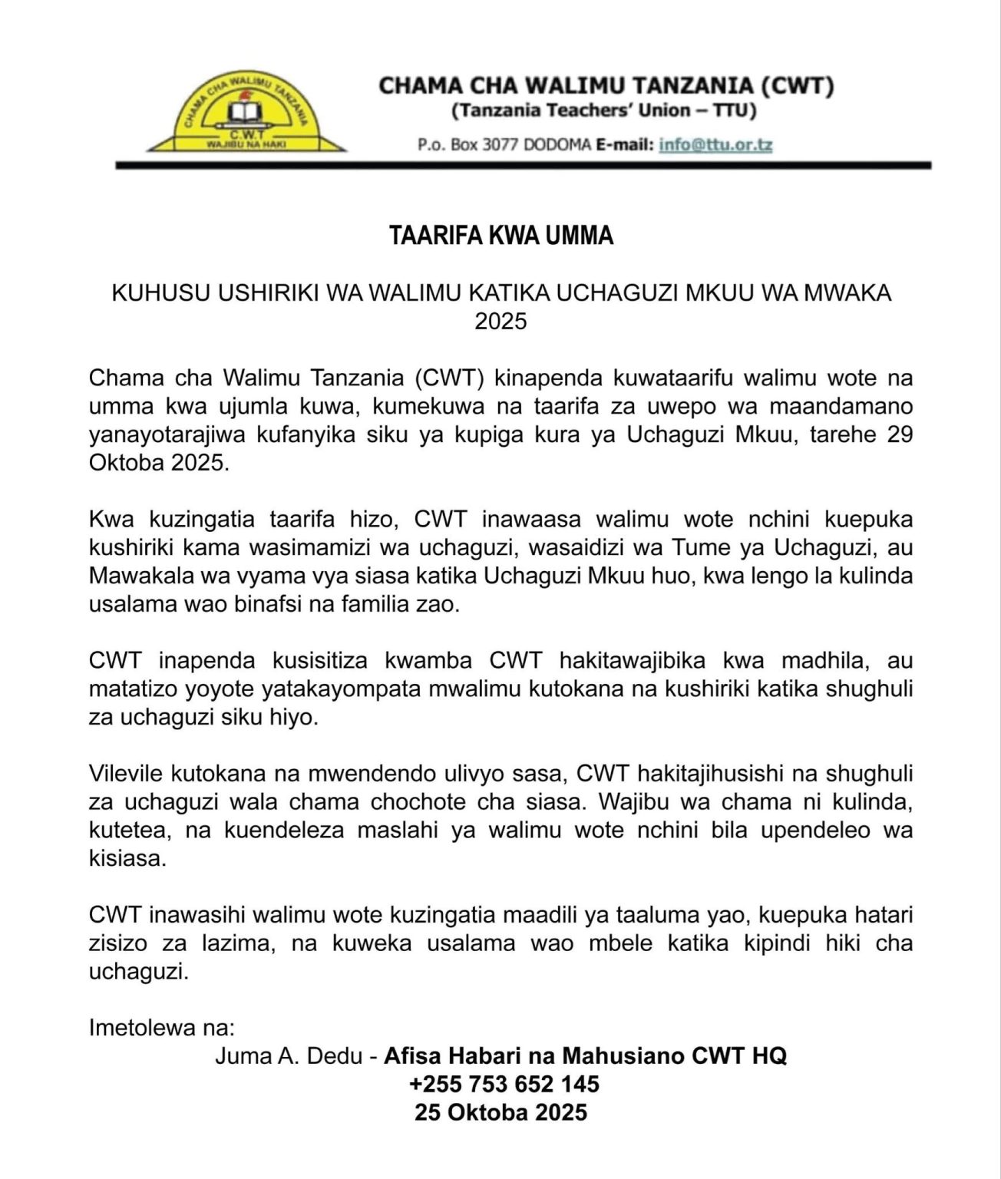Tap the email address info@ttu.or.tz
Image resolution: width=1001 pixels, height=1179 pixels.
(715, 144)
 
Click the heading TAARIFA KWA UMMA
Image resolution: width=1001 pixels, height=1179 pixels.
(500, 236)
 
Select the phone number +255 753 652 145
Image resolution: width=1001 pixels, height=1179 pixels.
(504, 1084)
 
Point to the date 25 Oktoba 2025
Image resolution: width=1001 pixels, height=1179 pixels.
(500, 1112)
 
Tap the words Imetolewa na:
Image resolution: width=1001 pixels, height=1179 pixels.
(162, 1027)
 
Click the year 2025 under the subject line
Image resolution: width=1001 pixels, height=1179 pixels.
(500, 321)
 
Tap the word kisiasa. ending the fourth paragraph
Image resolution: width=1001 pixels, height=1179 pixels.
(127, 858)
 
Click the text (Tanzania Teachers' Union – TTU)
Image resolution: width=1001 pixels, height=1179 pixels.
(604, 111)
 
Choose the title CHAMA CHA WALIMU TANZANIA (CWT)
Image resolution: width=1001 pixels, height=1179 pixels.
(606, 84)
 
